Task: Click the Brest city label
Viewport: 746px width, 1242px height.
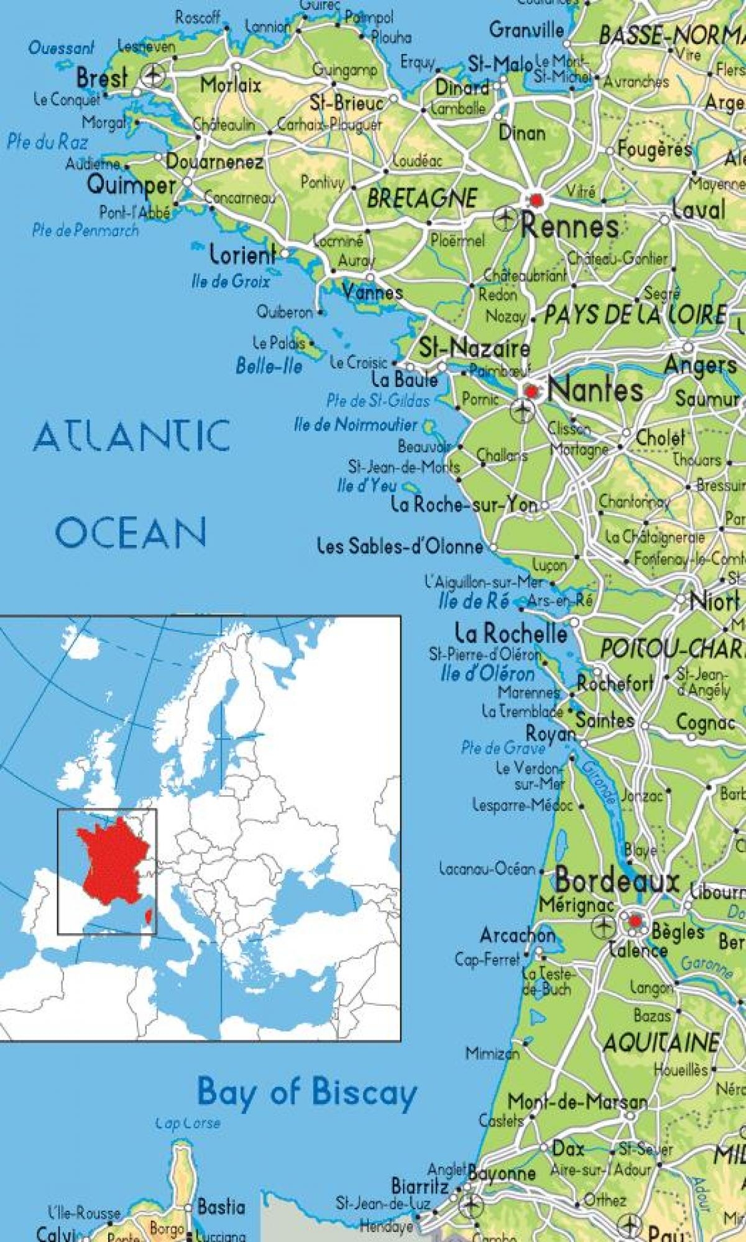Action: pos(102,78)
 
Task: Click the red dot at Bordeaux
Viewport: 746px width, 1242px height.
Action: pos(635,922)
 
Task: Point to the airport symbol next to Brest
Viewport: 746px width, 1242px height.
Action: pos(152,76)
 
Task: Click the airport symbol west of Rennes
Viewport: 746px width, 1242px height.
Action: pos(505,218)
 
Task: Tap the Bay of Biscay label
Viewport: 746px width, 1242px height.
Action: pos(306,1093)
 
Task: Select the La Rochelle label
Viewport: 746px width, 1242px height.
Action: pos(511,633)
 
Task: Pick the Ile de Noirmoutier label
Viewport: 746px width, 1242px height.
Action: pos(356,425)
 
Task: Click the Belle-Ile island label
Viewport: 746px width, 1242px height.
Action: pos(269,366)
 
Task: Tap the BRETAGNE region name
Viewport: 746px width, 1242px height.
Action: pos(422,198)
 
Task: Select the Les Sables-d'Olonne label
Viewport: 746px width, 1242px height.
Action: pos(400,546)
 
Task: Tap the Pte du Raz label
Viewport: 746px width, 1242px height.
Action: pos(47,142)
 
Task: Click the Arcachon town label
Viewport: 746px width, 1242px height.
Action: pos(517,935)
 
